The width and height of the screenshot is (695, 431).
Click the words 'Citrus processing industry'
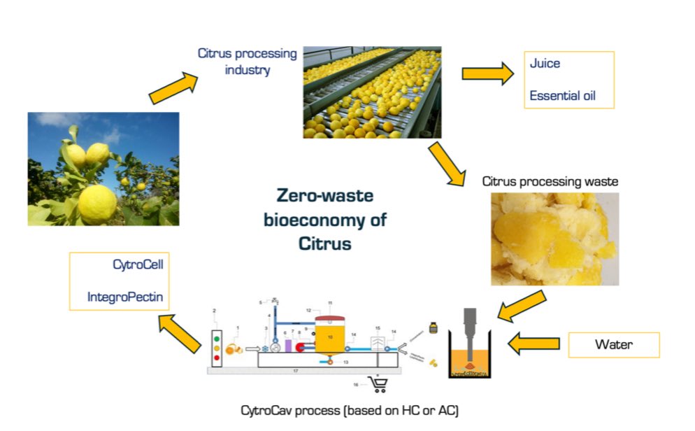click(247, 62)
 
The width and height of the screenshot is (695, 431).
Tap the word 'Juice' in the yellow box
click(545, 64)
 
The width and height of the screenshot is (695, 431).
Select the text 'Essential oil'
click(562, 96)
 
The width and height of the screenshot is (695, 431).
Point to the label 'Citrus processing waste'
click(550, 182)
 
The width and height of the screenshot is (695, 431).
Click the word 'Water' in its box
click(614, 344)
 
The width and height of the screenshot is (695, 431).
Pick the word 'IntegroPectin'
click(125, 297)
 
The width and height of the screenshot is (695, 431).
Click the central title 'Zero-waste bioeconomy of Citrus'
click(324, 219)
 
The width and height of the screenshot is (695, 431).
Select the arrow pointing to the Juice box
click(487, 73)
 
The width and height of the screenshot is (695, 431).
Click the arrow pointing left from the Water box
click(534, 344)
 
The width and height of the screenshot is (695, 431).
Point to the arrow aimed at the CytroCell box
click(179, 322)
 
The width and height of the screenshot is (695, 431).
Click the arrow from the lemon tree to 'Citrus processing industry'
click(173, 86)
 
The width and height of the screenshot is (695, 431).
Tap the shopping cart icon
click(378, 384)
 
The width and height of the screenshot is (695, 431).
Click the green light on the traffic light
click(216, 337)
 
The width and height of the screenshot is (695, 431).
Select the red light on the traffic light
click(216, 358)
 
